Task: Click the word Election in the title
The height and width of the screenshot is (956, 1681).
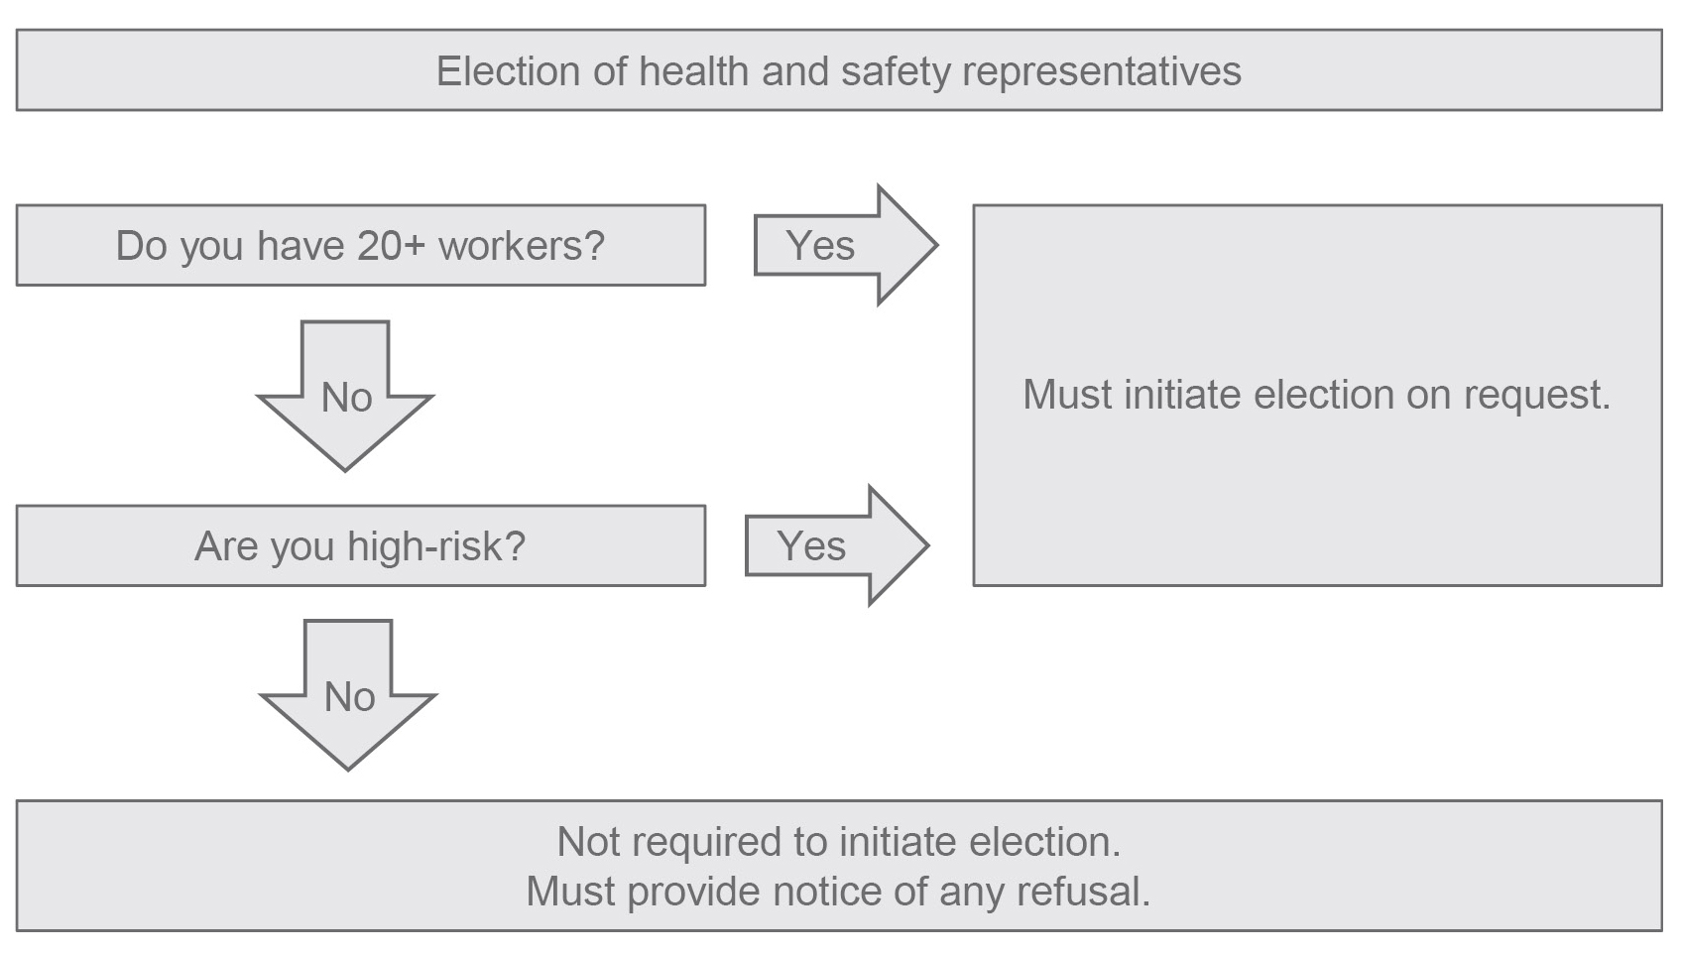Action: pos(508,71)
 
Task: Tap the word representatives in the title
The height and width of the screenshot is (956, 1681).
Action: pos(1102,72)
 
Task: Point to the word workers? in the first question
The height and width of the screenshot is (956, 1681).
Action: pos(522,245)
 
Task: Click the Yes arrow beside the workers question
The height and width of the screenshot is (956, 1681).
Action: pos(846,245)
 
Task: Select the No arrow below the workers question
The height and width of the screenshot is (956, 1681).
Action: pos(345,396)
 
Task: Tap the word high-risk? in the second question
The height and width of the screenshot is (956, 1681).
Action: pos(436,545)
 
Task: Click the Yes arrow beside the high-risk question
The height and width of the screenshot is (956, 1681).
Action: pos(837,545)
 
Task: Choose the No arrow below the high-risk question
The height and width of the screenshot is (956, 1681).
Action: pos(348,695)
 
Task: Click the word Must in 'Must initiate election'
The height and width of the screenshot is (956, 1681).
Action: pos(1068,394)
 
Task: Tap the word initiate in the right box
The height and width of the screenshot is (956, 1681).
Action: pos(1183,394)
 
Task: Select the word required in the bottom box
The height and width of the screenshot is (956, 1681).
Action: pos(706,843)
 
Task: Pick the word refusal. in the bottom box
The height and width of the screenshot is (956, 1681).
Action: pos(1084,891)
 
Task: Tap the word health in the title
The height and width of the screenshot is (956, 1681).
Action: pos(694,71)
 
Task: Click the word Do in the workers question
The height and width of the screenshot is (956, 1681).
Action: pos(141,245)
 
